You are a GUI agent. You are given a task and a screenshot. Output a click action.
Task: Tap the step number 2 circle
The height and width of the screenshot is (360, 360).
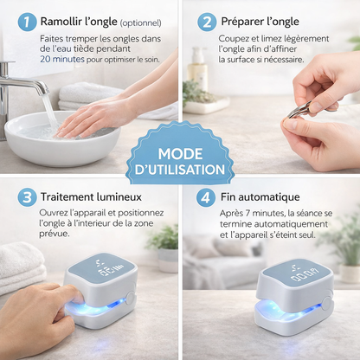207,22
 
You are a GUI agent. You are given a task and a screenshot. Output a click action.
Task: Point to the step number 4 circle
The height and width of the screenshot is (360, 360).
207,197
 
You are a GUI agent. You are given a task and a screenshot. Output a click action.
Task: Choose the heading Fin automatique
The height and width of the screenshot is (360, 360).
259,197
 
